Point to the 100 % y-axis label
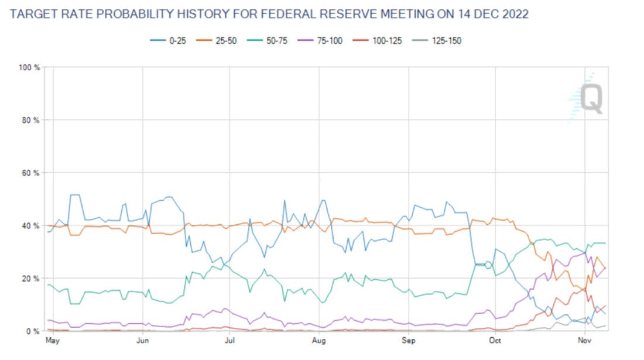pos(29,68)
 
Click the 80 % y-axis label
pos(31,121)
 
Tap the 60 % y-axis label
pos(31,173)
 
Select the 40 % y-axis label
pos(31,226)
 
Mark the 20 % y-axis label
pos(31,279)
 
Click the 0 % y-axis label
pos(33,331)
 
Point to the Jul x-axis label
pos(229,340)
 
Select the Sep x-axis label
pos(407,340)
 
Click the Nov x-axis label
pos(584,340)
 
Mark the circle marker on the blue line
pos(488,265)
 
